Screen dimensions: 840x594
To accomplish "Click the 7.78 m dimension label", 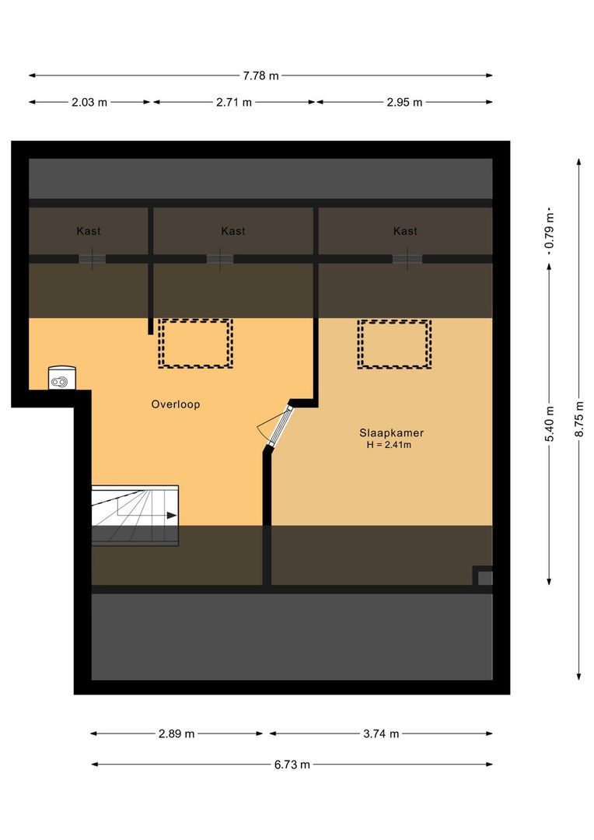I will (260, 75).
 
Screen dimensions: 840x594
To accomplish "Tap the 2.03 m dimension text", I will (90, 102).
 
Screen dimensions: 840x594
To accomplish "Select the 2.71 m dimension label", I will (234, 102).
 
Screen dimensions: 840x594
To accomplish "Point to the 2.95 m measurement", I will (405, 102).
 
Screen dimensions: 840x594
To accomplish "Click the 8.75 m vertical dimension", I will (579, 419).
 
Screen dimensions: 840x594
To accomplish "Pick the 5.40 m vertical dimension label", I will (550, 424).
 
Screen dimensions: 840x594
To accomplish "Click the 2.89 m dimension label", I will (176, 733).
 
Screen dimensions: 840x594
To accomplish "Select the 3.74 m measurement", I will (381, 733).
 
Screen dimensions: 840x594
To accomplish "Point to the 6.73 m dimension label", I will (292, 764).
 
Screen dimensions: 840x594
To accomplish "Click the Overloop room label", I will (176, 404).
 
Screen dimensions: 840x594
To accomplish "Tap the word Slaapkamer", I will (391, 433).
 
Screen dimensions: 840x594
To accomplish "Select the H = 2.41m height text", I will (390, 446).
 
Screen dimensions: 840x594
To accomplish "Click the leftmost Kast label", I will (89, 231).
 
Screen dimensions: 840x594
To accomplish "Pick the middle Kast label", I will (233, 231).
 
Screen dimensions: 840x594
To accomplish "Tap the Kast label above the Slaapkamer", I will (405, 231).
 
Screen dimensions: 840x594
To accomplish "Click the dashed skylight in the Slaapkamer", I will (394, 344).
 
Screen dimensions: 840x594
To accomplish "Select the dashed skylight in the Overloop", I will (195, 343).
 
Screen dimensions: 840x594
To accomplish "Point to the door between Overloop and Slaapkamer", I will (278, 425).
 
